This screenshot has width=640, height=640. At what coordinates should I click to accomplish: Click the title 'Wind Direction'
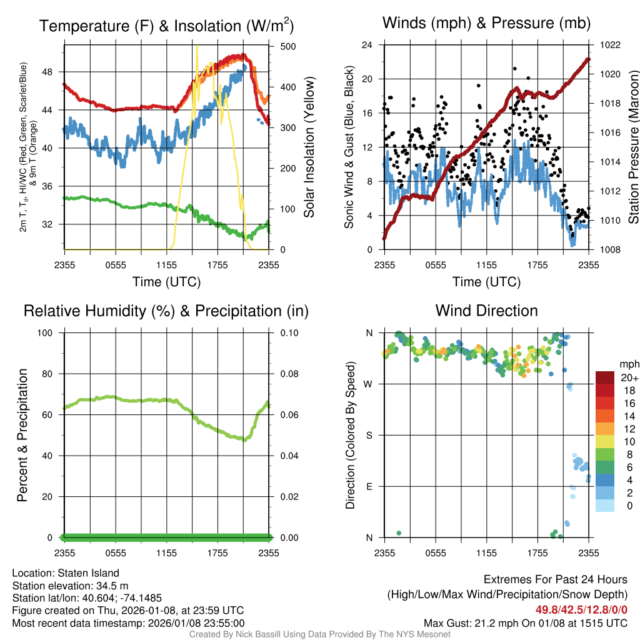pyautogui.click(x=486, y=311)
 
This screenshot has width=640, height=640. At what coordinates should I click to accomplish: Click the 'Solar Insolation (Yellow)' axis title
pyautogui.click(x=309, y=147)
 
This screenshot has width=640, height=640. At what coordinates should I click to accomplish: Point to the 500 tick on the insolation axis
pyautogui.click(x=288, y=46)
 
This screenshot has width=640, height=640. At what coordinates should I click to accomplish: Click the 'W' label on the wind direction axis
pyautogui.click(x=369, y=384)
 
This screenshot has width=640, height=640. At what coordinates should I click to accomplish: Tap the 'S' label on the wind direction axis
pyautogui.click(x=369, y=435)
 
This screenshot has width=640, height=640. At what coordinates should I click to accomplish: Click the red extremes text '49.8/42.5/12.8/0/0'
pyautogui.click(x=581, y=610)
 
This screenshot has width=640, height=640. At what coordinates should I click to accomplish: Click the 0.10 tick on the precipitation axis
pyautogui.click(x=288, y=332)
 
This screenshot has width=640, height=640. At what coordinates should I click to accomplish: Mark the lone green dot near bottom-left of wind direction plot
pyautogui.click(x=399, y=533)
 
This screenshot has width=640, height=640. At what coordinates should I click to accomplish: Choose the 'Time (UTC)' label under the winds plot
pyautogui.click(x=486, y=282)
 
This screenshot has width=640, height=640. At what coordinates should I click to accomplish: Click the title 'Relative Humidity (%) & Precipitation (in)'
pyautogui.click(x=166, y=311)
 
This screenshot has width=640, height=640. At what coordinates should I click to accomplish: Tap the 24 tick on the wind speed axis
pyautogui.click(x=368, y=45)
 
